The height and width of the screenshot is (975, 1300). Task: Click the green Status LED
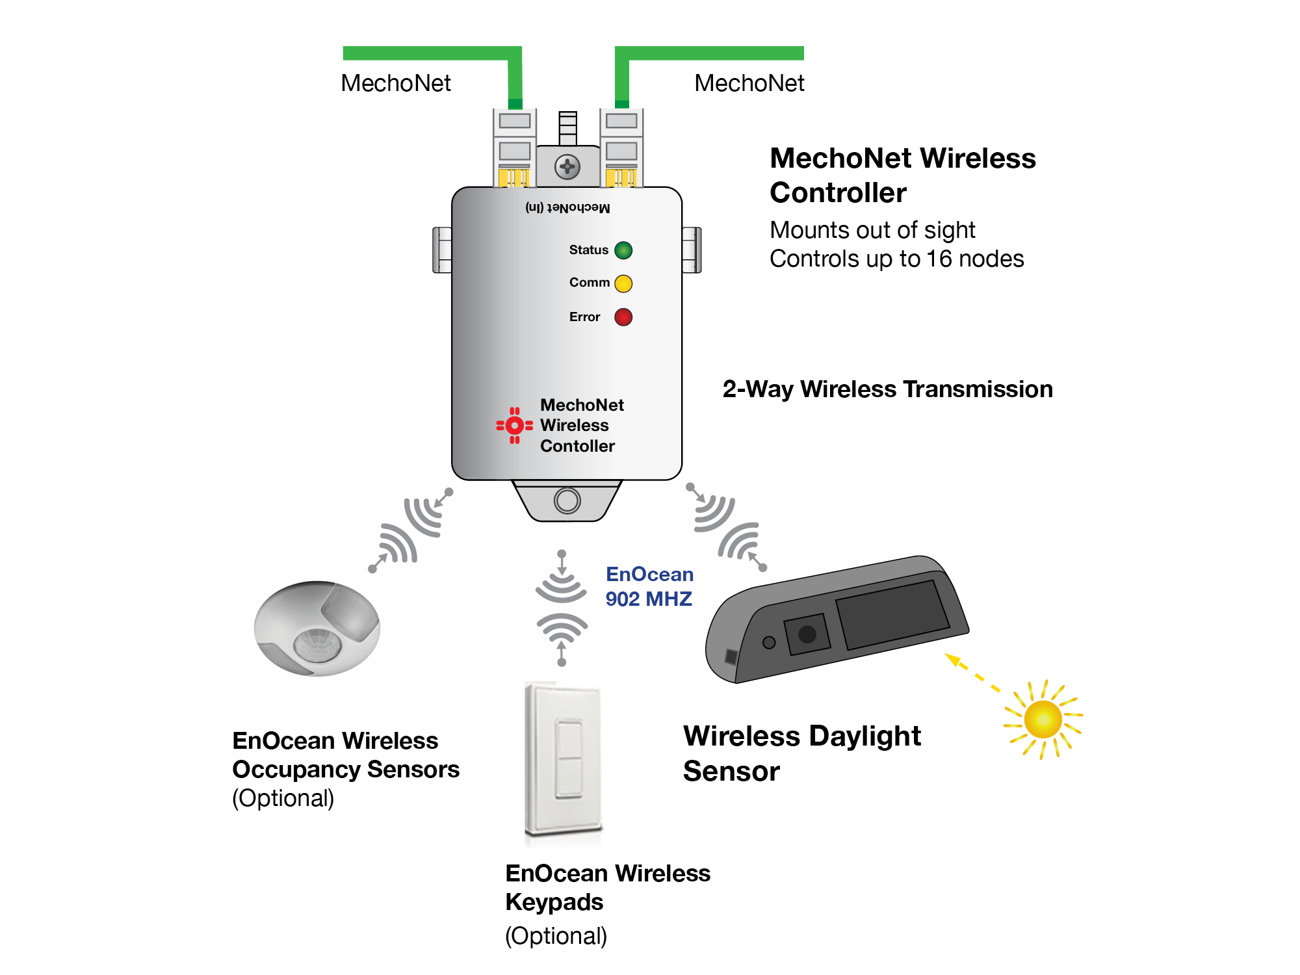click(623, 250)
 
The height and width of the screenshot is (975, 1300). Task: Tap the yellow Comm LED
click(623, 283)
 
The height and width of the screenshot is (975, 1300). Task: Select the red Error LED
click(623, 317)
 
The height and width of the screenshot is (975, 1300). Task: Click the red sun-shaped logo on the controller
click(514, 426)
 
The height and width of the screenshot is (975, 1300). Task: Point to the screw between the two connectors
click(567, 167)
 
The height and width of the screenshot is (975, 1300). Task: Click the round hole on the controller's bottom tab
click(567, 501)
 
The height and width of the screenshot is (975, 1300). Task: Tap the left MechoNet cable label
click(395, 83)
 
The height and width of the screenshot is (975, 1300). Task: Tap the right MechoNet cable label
click(749, 83)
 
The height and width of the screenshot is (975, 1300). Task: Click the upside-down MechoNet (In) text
click(567, 207)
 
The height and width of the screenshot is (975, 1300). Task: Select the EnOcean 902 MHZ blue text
click(649, 586)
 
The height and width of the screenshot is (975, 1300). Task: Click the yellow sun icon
click(1043, 719)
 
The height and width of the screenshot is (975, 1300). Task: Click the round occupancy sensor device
click(317, 628)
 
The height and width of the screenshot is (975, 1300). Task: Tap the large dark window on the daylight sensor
click(892, 614)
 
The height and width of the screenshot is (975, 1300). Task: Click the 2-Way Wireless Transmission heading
click(887, 389)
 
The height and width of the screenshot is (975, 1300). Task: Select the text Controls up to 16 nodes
click(896, 259)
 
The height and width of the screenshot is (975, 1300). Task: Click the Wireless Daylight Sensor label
click(801, 753)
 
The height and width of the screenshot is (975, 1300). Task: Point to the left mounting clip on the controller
click(442, 250)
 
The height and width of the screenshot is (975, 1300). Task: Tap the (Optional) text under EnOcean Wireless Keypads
click(556, 936)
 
